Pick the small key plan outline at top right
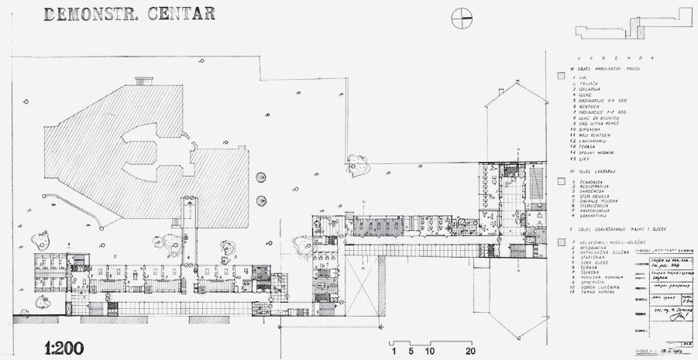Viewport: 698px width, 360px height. pos(636,29)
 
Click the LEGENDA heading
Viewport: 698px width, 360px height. pos(613,58)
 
